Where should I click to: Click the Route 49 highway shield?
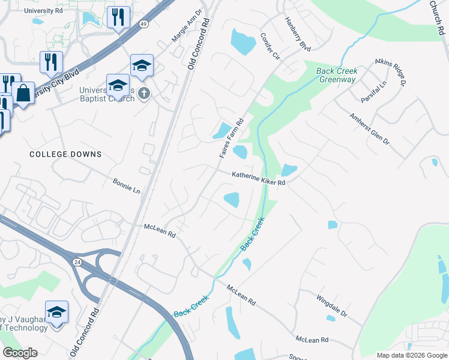143,24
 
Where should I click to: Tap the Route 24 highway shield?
77,262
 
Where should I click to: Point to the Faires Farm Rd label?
231,138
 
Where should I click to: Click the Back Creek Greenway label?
337,75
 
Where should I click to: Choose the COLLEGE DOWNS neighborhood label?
65,154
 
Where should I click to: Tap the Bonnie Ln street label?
126,185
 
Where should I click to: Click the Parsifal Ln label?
373,90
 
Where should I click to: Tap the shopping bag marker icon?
23,93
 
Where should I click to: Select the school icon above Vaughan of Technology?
56,312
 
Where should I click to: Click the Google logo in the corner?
20,353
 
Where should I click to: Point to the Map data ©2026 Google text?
411,355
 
